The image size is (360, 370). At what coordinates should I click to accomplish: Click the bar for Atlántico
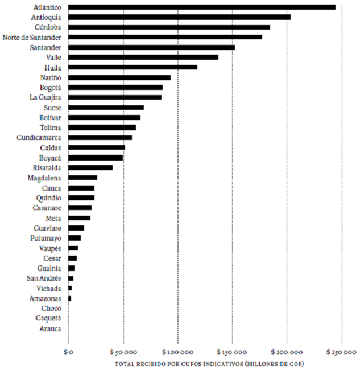point(202,7)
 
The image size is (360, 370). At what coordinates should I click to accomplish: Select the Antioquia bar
point(179,17)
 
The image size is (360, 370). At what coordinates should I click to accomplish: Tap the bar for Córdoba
point(169,27)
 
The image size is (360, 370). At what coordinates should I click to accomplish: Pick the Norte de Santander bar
point(165,37)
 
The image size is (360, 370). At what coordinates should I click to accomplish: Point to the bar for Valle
point(143,57)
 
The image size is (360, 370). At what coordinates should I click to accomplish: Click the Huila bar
point(133,67)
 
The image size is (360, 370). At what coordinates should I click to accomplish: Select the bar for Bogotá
point(115,88)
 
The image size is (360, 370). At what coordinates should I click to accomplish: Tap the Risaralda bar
point(90,168)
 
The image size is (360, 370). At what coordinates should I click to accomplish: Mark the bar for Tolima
point(102,128)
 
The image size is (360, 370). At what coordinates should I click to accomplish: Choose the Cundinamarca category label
point(39,138)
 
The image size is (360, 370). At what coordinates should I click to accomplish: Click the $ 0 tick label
point(68,352)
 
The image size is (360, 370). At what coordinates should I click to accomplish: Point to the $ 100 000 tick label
point(178,352)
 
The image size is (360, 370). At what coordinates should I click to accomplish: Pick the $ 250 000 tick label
point(342,352)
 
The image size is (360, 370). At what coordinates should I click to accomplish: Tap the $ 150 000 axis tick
point(233,352)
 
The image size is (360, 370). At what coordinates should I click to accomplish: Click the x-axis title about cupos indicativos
point(209,363)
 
